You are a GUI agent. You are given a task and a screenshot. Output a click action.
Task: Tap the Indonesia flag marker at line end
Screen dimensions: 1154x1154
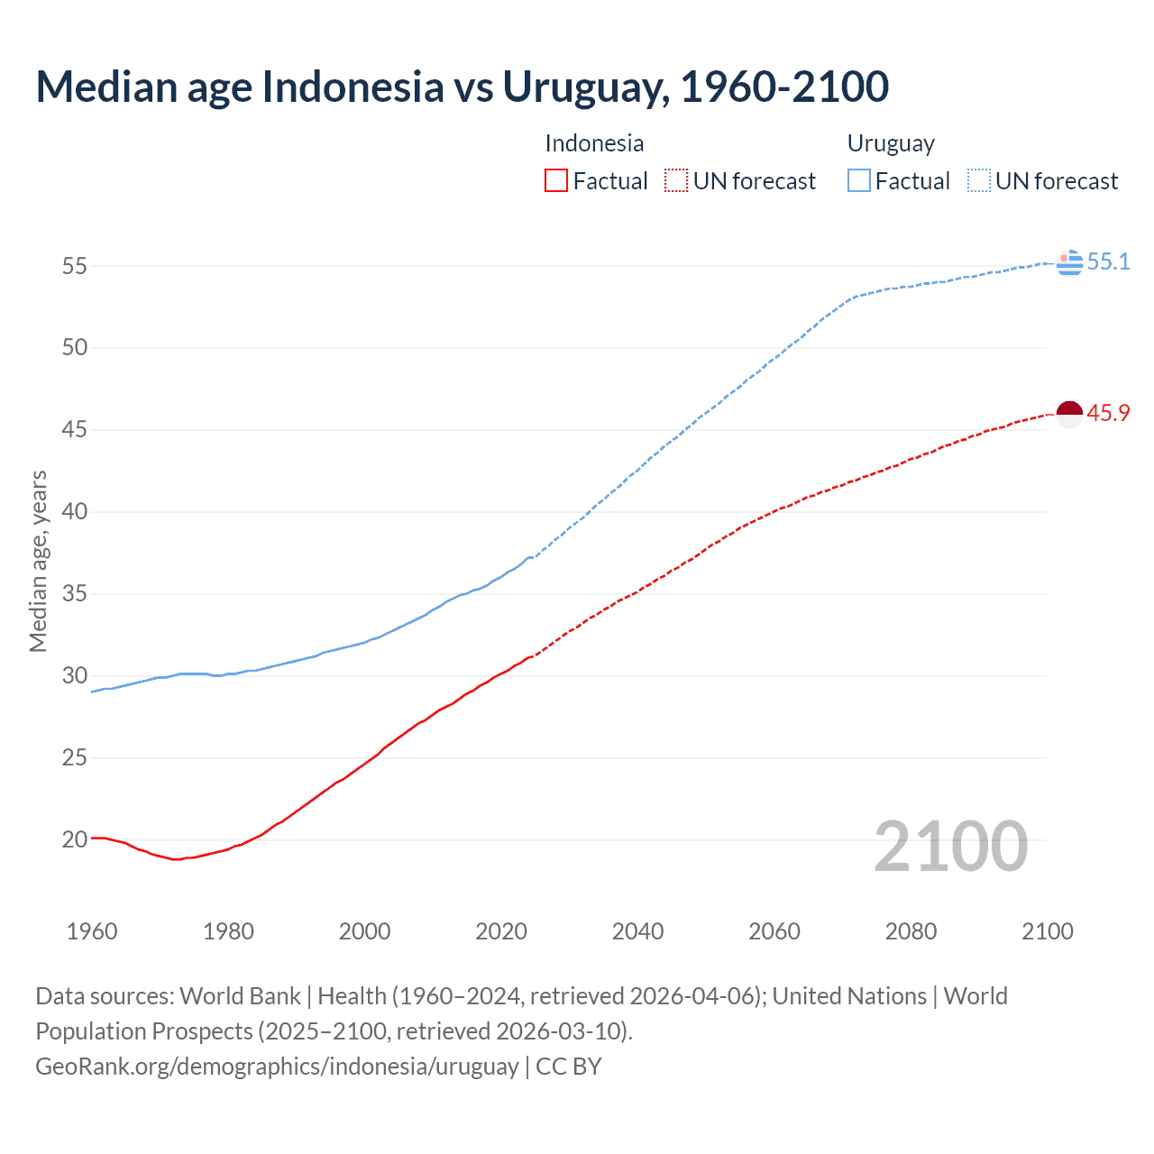point(1068,415)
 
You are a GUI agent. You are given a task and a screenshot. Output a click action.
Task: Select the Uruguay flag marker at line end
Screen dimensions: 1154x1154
point(1068,262)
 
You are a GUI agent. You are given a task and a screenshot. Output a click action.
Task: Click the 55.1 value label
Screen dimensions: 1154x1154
point(1108,262)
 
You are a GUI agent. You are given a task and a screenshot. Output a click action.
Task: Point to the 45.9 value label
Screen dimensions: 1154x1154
point(1108,414)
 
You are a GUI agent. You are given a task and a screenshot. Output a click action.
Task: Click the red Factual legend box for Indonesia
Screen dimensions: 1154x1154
point(556,181)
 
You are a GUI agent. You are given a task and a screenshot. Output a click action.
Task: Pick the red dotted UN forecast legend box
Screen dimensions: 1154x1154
point(675,181)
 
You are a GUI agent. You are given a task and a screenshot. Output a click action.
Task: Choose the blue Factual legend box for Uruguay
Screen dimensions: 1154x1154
point(858,181)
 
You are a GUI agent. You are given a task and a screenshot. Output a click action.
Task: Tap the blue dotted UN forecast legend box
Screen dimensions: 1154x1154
point(978,181)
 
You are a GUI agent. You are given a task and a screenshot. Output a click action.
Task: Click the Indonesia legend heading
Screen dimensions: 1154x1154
point(594,143)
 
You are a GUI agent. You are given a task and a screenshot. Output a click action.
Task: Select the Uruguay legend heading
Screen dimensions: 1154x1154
point(891,143)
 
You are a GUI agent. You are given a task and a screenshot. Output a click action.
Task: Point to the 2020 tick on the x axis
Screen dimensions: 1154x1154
point(501,931)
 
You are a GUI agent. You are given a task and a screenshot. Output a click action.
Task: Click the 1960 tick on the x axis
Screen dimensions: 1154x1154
point(92,931)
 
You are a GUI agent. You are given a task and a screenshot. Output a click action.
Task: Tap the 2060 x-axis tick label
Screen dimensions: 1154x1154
point(774,931)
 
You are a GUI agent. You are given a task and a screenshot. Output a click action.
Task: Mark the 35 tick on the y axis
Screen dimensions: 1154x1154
point(75,594)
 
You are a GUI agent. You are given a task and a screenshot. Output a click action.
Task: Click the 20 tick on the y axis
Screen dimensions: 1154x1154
point(75,839)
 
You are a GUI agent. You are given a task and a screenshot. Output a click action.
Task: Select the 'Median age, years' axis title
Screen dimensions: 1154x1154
point(38,561)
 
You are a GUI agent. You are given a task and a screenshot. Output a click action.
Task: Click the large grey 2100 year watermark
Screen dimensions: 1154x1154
point(950,847)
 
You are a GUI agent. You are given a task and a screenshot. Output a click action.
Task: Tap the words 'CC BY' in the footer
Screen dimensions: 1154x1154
point(568,1067)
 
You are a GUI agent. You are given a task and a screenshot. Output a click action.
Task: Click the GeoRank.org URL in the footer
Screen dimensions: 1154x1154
point(277,1067)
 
